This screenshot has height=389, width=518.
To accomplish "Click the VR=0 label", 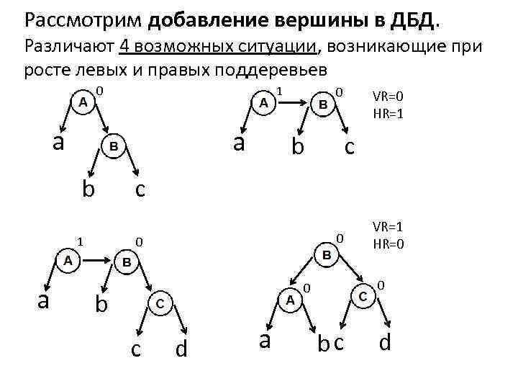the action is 389,96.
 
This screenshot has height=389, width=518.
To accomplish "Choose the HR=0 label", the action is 389,243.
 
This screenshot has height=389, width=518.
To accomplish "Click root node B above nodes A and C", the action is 326,255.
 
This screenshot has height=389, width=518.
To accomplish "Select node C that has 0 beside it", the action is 363,295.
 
